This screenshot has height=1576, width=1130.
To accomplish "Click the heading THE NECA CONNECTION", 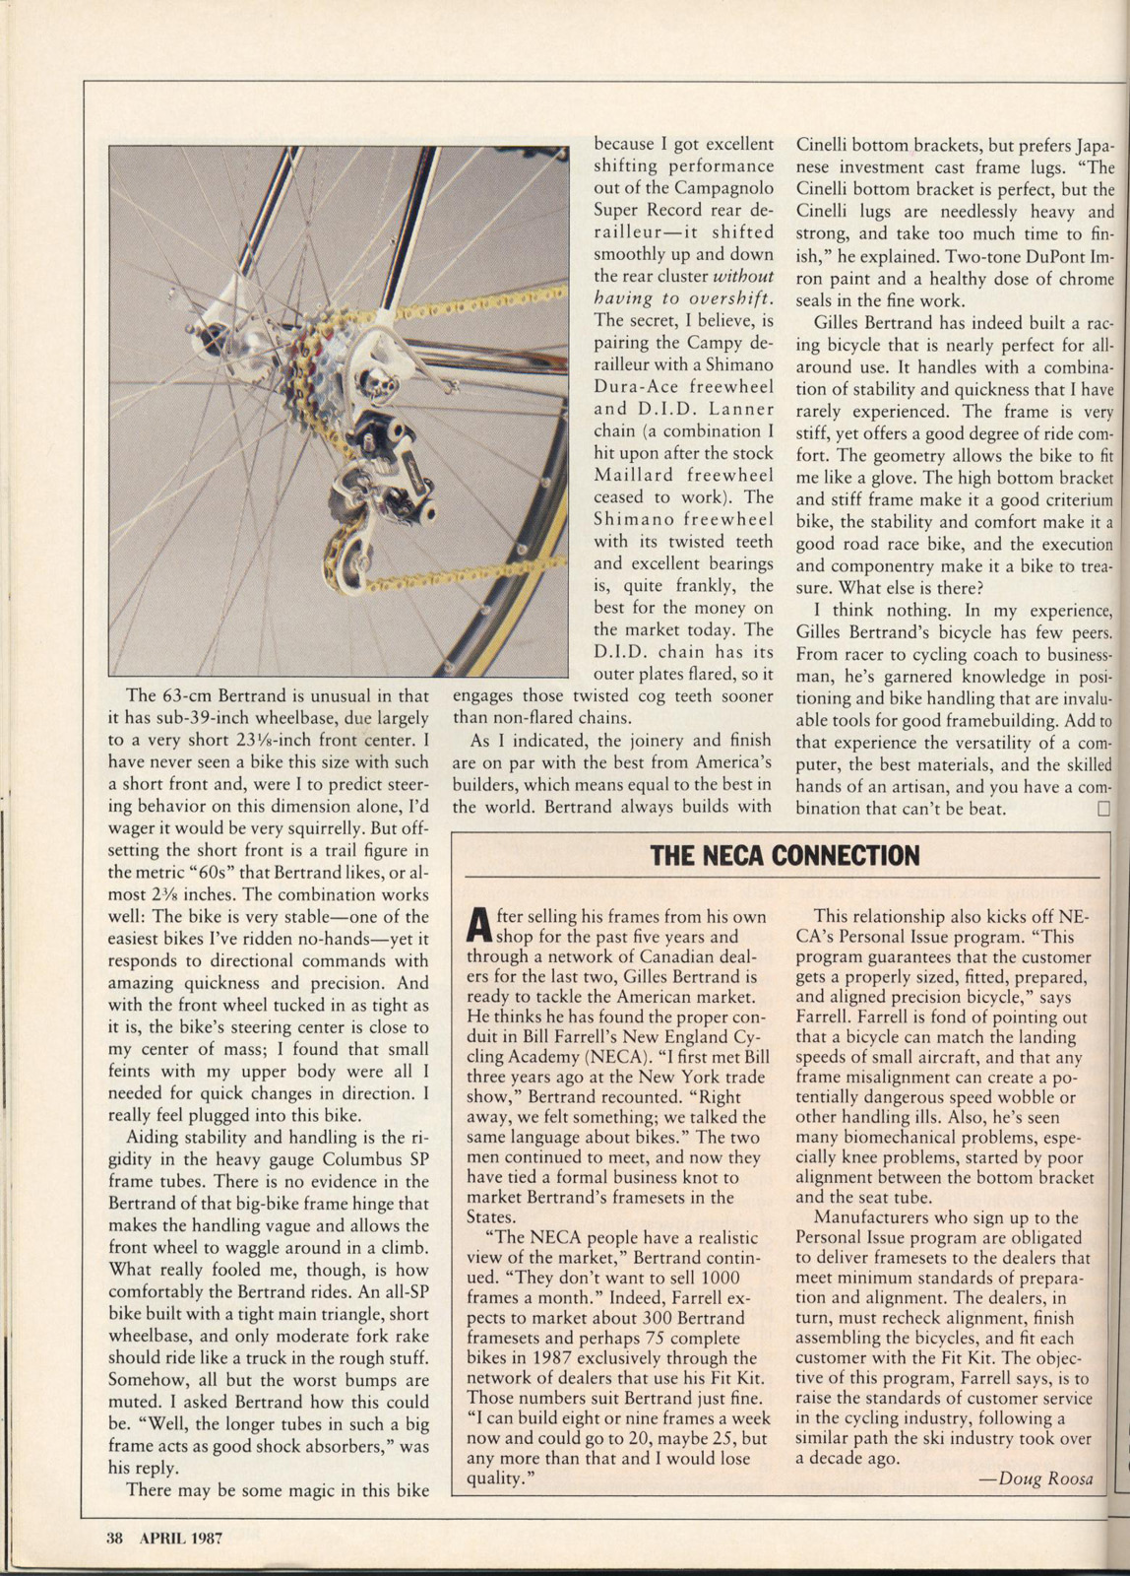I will [x=785, y=855].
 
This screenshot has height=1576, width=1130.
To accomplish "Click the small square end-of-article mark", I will [x=1103, y=809].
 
